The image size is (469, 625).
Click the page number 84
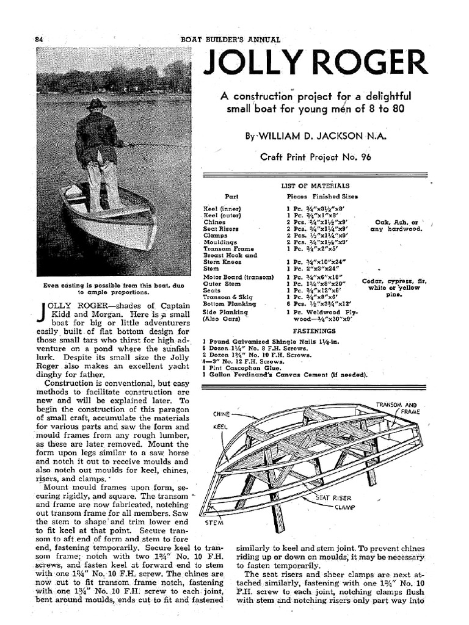39,40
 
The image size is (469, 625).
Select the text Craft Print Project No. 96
316,157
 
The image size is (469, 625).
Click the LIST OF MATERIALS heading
315,186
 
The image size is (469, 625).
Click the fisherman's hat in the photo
96,104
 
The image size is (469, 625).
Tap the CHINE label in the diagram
220,414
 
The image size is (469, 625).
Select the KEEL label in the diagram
219,427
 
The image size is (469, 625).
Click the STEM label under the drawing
213,522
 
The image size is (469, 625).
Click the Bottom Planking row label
230,303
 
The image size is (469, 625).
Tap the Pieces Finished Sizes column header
322,197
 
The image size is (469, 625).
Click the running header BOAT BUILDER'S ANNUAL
231,40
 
